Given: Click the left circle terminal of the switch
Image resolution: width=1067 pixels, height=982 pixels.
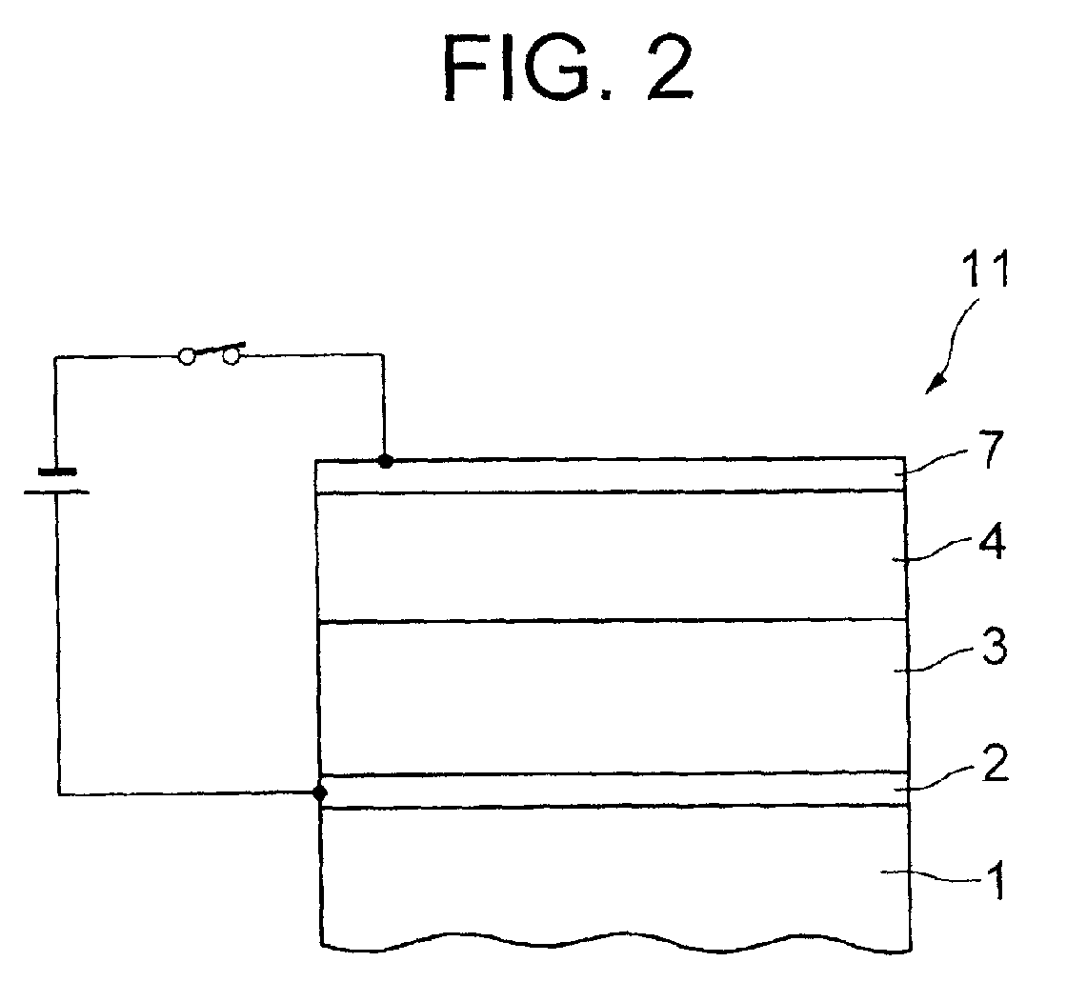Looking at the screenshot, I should pyautogui.click(x=188, y=356).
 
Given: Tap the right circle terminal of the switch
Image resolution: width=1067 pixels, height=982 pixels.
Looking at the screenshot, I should pyautogui.click(x=231, y=356).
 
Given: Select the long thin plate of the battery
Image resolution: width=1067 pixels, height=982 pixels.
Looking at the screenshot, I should pyautogui.click(x=58, y=491).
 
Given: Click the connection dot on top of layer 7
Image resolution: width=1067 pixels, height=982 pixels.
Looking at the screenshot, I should pyautogui.click(x=385, y=461).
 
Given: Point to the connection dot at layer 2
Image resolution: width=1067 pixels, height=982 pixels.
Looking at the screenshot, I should pyautogui.click(x=320, y=792).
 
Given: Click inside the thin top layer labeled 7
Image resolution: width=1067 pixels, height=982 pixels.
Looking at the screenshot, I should pyautogui.click(x=610, y=475).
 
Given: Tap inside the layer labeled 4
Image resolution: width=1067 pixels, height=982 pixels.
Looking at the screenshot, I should pyautogui.click(x=610, y=555).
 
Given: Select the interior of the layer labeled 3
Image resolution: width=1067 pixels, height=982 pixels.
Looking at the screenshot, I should pyautogui.click(x=610, y=696).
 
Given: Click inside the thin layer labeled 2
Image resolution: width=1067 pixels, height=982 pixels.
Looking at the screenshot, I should pyautogui.click(x=610, y=790).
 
